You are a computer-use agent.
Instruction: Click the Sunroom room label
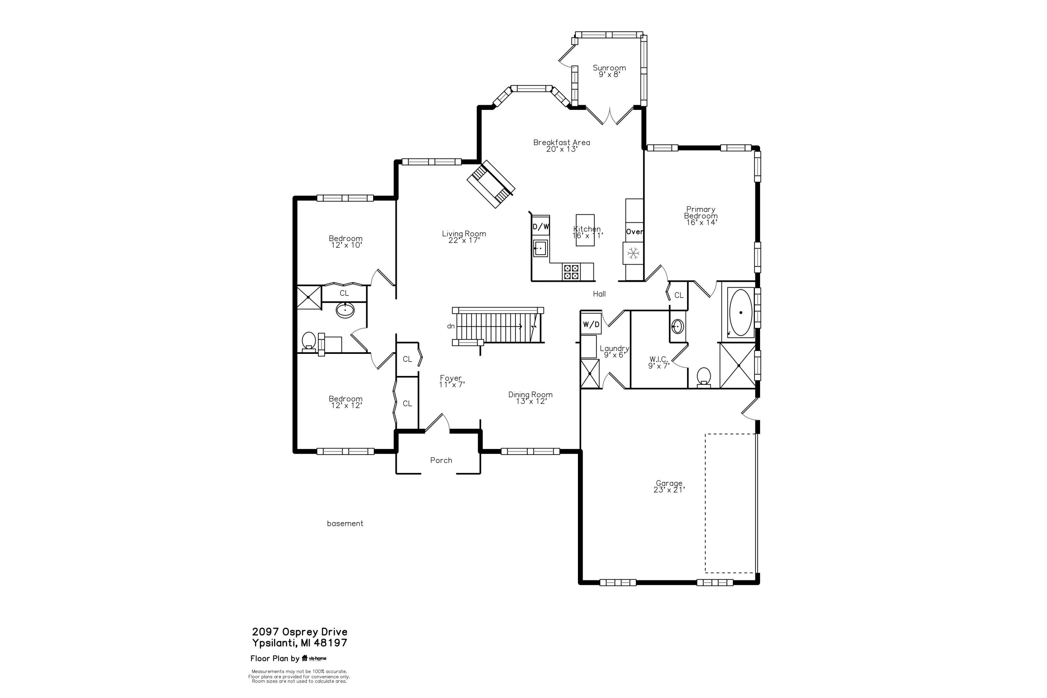tap(609, 68)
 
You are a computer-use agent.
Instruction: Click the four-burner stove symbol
tap(571, 272)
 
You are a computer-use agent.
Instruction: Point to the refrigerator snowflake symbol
tap(633, 253)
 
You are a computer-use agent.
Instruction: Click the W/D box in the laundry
tap(591, 325)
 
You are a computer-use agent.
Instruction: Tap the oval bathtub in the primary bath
tap(740, 312)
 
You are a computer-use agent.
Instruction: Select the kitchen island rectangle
tap(585, 230)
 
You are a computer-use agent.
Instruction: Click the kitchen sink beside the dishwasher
tap(540, 248)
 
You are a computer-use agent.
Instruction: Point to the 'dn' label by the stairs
tap(451, 326)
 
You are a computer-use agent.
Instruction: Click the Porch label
tap(441, 460)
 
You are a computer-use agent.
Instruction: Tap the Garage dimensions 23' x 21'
tap(669, 490)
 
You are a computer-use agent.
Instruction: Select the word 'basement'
tap(345, 523)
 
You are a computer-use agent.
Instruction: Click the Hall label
tap(599, 294)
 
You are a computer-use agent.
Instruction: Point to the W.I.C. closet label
tap(658, 359)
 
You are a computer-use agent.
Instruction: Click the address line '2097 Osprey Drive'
tap(299, 632)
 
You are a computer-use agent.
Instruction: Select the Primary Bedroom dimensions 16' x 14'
tap(701, 222)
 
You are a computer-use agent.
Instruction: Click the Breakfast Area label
tap(562, 142)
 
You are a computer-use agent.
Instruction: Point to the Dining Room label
tap(530, 394)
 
